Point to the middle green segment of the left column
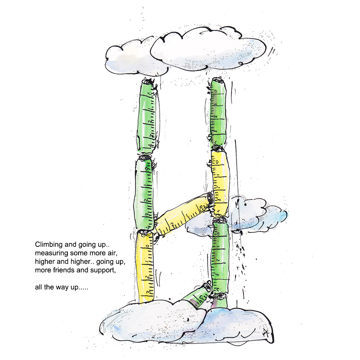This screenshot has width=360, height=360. click(x=144, y=194)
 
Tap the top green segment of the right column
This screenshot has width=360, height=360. click(x=219, y=112)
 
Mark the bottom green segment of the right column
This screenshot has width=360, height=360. click(x=220, y=255)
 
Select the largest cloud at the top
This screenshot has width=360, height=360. click(x=208, y=50)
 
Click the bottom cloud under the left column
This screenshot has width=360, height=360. click(x=152, y=320)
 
